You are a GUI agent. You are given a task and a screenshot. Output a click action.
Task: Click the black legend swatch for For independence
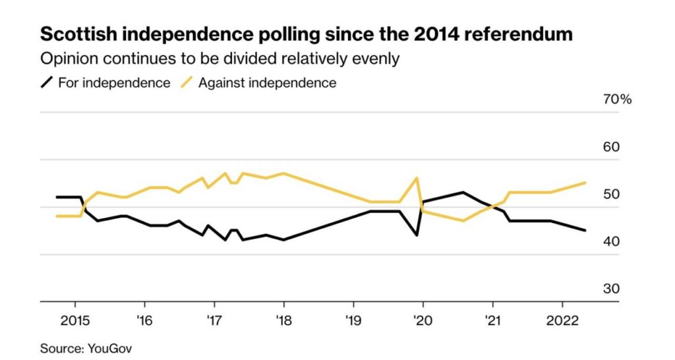[x=47, y=83]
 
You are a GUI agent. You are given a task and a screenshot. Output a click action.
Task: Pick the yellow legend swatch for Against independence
[x=188, y=83]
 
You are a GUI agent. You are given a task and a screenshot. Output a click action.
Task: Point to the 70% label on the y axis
[x=617, y=100]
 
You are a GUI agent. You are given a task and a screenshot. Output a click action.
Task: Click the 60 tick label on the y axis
[x=612, y=147]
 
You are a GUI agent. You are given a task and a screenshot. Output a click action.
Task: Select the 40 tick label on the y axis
[x=612, y=242]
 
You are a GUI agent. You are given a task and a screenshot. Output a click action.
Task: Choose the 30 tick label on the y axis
[x=612, y=289]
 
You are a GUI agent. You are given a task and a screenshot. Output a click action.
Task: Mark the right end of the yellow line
[x=585, y=183]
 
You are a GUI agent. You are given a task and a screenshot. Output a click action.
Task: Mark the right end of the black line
[x=585, y=230]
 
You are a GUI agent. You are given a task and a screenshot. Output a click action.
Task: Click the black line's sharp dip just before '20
[x=417, y=235]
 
